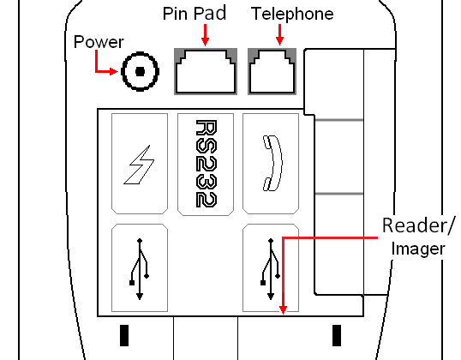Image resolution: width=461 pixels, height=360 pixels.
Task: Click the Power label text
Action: pyautogui.click(x=99, y=42)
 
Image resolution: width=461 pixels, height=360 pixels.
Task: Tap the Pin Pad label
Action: pyautogui.click(x=195, y=13)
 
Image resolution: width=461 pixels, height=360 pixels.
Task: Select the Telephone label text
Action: pyautogui.click(x=292, y=14)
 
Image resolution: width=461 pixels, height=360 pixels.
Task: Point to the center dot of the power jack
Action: pyautogui.click(x=140, y=71)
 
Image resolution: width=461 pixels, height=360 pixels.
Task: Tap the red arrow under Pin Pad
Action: pyautogui.click(x=205, y=35)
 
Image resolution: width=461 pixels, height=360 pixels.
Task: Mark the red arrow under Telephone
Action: pyautogui.click(x=279, y=34)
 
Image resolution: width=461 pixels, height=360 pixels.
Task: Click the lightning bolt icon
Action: pyautogui.click(x=139, y=165)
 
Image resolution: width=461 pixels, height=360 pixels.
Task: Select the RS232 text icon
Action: pyautogui.click(x=207, y=164)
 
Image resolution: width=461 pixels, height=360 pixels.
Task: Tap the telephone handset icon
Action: pyautogui.click(x=272, y=163)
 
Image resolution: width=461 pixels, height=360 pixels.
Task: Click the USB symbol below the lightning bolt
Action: pyautogui.click(x=140, y=269)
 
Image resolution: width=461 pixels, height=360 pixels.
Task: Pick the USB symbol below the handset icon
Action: pyautogui.click(x=271, y=269)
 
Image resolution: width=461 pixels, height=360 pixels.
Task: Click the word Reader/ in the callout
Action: pyautogui.click(x=419, y=226)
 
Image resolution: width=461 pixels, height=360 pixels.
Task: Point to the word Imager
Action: pyautogui.click(x=418, y=249)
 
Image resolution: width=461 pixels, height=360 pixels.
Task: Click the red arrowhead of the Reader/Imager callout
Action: pyautogui.click(x=283, y=310)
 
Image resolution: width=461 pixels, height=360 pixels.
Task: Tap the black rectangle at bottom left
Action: pyautogui.click(x=124, y=335)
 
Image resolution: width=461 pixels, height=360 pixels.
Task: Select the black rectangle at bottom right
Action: pyautogui.click(x=337, y=335)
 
